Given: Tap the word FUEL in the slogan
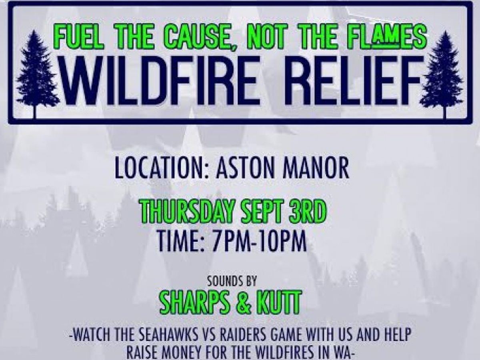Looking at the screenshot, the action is tap(78, 39).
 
